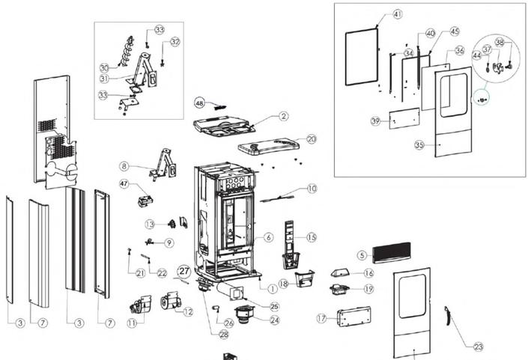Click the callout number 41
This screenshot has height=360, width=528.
[x=397, y=14]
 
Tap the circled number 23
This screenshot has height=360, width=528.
[x=478, y=347]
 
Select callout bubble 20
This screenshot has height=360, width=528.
[x=312, y=138]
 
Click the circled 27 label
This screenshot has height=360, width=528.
[x=184, y=270]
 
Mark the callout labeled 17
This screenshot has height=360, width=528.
[x=321, y=318]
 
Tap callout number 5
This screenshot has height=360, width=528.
[x=361, y=255]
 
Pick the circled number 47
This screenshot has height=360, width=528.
[x=124, y=183]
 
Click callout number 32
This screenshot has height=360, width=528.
[x=175, y=42]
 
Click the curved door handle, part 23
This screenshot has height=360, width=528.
[x=448, y=317]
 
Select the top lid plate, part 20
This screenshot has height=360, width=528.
[x=268, y=146]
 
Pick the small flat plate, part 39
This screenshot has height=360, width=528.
[x=404, y=119]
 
